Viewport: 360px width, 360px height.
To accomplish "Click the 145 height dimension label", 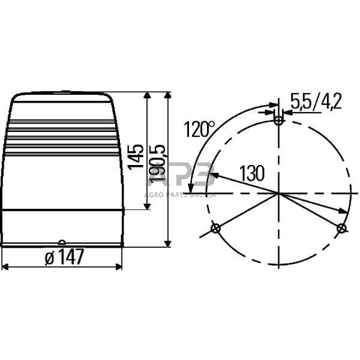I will [137, 157].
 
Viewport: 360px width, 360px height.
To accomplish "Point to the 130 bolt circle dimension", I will [252, 173].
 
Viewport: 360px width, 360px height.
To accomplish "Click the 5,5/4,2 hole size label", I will [316, 101].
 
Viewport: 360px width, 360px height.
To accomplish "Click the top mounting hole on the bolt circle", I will [278, 121].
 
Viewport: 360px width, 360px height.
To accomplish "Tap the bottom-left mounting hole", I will [216, 229].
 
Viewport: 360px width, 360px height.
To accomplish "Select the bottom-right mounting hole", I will [341, 228].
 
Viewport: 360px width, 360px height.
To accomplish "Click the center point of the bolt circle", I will [278, 193].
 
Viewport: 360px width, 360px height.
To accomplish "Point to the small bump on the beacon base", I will [62, 242].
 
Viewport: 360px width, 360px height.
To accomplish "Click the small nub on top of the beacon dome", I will [65, 92].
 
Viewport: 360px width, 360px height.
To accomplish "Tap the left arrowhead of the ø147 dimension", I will [5, 266].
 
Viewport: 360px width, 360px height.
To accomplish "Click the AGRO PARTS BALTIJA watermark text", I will [180, 194].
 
